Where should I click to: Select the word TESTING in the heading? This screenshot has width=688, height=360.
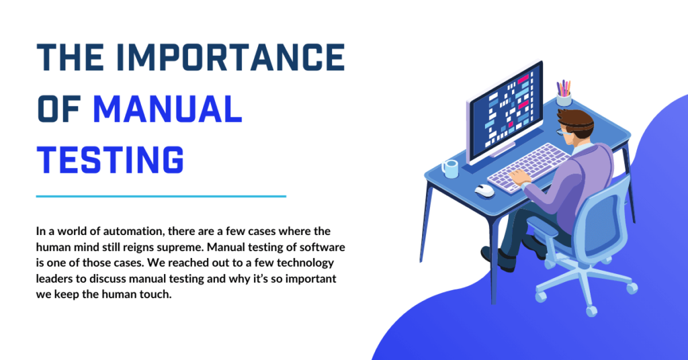(x=110, y=159)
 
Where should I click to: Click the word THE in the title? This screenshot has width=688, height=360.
(x=70, y=58)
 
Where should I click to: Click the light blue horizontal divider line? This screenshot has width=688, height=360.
(x=161, y=196)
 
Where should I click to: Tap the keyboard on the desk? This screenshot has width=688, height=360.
(x=528, y=167)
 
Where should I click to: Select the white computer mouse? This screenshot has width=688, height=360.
(x=484, y=191)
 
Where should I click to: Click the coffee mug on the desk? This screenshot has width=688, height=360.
(x=449, y=169)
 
